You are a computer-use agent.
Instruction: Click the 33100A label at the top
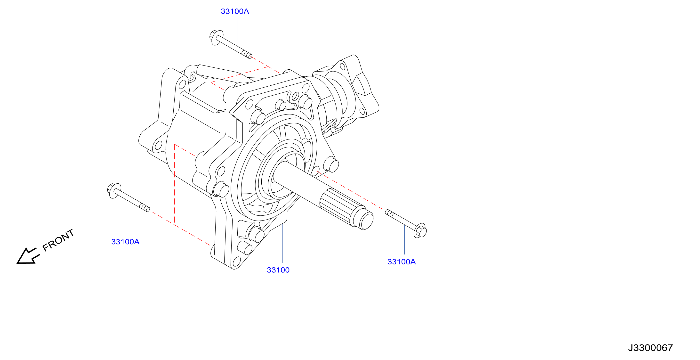tap(235, 11)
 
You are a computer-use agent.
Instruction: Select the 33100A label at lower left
tap(125, 242)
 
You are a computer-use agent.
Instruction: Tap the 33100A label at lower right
tap(401, 262)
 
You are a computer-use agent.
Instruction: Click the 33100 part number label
tap(278, 270)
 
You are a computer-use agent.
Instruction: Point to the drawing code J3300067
tap(650, 348)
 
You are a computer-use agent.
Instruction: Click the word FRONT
tap(58, 240)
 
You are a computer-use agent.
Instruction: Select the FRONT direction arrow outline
tap(28, 256)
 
